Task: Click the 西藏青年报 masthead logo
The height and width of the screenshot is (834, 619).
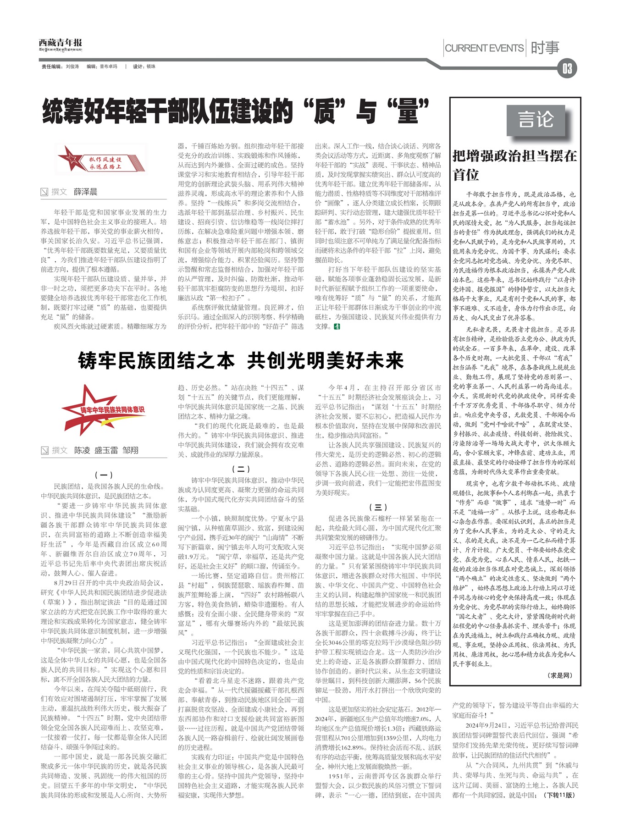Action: click(61, 44)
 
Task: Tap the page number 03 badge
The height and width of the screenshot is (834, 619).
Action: click(567, 69)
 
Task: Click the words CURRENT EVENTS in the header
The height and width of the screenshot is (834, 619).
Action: click(484, 48)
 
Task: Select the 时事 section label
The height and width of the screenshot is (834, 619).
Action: click(545, 48)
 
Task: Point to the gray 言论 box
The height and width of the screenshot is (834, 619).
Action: click(536, 120)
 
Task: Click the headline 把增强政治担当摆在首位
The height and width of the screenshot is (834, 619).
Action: click(514, 165)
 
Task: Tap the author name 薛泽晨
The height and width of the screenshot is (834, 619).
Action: click(86, 192)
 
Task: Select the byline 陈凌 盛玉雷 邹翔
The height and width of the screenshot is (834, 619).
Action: click(106, 450)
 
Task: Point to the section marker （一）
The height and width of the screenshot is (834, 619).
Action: click(104, 475)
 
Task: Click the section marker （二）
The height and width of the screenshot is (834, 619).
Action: click(241, 469)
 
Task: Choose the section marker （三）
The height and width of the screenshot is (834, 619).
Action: click(378, 507)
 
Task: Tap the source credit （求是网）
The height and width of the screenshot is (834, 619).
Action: click(560, 675)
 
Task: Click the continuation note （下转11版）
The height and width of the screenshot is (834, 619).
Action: click(559, 795)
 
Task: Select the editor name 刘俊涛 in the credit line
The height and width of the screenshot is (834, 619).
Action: click(72, 66)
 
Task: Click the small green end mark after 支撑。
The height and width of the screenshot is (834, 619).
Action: click(337, 326)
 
